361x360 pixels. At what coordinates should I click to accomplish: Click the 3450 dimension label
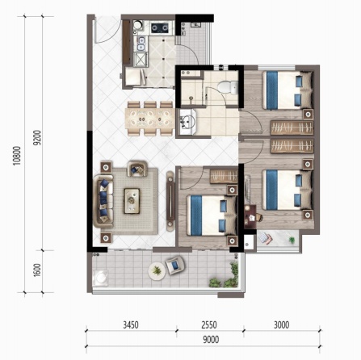(131, 324)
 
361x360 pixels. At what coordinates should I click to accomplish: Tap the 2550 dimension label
(209, 324)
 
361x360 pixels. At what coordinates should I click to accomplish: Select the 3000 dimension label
(282, 324)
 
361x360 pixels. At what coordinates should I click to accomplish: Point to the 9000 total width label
(211, 340)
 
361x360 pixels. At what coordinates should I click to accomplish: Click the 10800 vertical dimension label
(17, 156)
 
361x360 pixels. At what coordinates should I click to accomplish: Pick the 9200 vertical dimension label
(37, 138)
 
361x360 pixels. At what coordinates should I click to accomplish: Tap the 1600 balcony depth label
(37, 270)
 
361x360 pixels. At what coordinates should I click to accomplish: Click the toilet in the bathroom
(228, 87)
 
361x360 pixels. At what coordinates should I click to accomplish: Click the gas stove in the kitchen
(160, 27)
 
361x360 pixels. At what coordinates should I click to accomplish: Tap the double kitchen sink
(141, 44)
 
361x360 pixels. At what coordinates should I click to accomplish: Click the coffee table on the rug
(132, 201)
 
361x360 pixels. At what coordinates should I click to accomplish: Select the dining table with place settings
(149, 119)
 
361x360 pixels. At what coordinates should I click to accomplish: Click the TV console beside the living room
(170, 201)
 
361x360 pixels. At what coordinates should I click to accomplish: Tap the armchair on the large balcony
(174, 265)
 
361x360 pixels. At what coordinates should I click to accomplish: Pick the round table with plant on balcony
(157, 270)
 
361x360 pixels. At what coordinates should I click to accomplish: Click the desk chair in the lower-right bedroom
(258, 217)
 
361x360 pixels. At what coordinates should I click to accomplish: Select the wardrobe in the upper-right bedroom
(292, 128)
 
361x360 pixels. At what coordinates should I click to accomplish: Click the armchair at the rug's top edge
(137, 169)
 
